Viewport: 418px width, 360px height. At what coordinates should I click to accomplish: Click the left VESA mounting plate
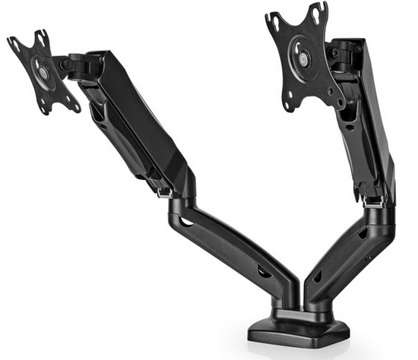pyautogui.click(x=43, y=71)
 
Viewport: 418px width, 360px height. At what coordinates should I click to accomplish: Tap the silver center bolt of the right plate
pyautogui.click(x=304, y=58)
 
